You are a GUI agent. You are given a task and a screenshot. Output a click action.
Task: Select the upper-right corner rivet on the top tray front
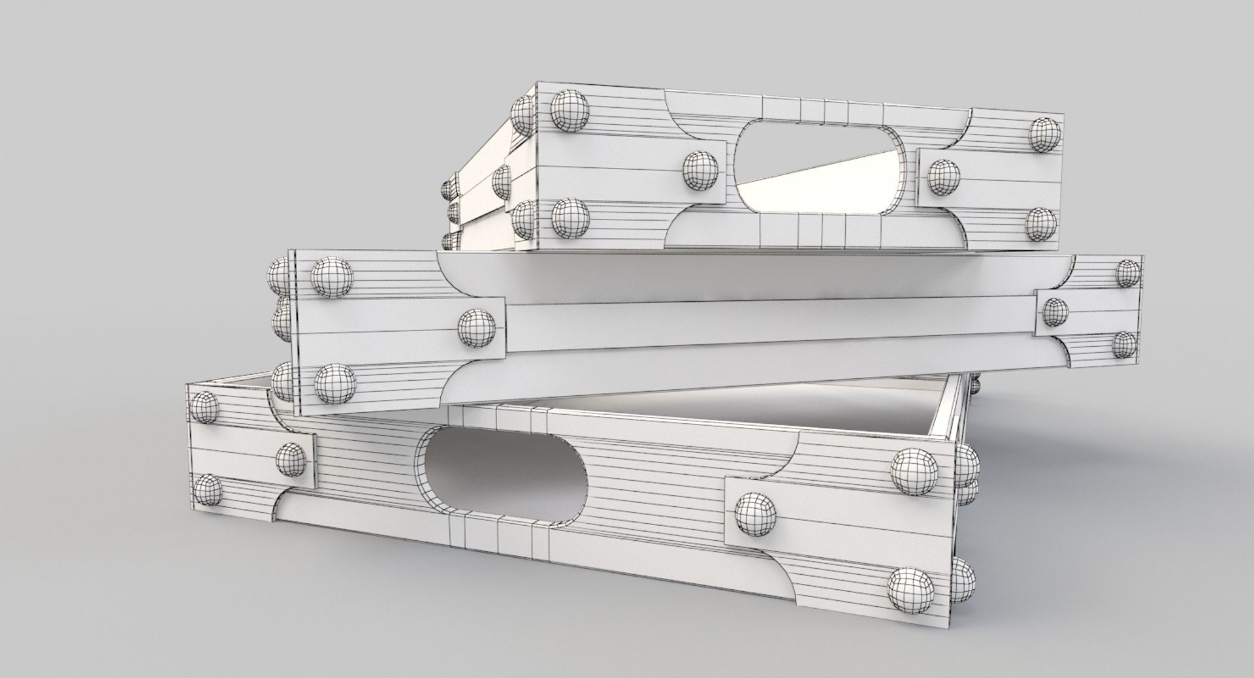pyautogui.click(x=1044, y=135)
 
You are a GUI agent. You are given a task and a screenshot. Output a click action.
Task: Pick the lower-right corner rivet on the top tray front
pyautogui.click(x=1040, y=224)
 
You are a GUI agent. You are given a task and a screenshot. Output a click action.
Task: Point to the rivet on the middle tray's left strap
pyautogui.click(x=477, y=328)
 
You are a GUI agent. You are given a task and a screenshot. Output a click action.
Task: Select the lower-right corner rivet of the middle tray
pyautogui.click(x=1124, y=345)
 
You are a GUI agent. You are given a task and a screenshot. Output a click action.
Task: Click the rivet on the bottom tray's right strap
pyautogui.click(x=756, y=511)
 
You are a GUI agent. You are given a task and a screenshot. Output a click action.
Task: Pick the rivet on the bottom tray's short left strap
pyautogui.click(x=291, y=459)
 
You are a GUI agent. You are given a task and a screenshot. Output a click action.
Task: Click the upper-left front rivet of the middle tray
pyautogui.click(x=332, y=278)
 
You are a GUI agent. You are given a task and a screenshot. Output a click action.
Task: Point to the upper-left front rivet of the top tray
pyautogui.click(x=570, y=110)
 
